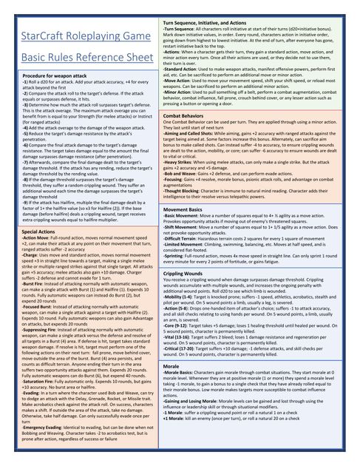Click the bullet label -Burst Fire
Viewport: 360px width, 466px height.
tap(34, 283)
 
